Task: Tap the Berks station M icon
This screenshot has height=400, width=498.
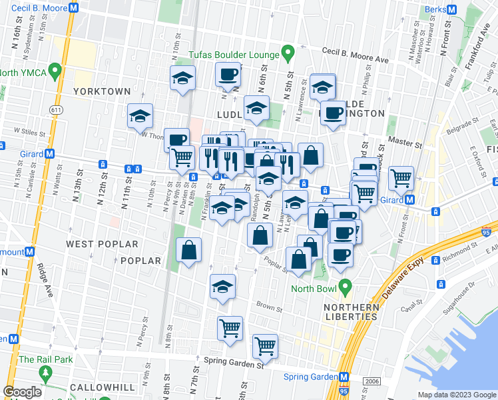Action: [451, 11]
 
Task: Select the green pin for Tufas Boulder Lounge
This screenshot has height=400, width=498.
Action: [288, 51]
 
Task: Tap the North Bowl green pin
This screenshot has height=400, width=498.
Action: [344, 288]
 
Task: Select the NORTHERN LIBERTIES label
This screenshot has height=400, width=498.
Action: [342, 312]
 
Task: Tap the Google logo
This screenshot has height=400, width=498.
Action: [23, 392]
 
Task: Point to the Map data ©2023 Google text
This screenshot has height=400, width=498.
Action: [456, 394]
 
